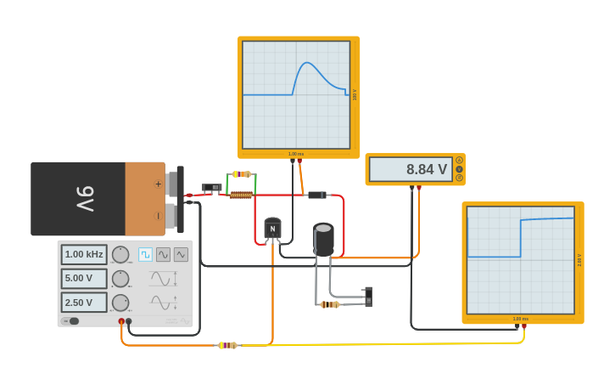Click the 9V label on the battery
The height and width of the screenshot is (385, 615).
[85, 199]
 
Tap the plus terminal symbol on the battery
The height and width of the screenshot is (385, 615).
[158, 184]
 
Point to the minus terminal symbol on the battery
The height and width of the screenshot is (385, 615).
[158, 216]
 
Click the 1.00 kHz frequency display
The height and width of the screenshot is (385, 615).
[84, 254]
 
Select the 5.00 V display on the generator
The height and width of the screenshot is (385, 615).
[84, 279]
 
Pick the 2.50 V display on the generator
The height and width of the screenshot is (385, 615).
[84, 303]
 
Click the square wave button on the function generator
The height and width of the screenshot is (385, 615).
[145, 254]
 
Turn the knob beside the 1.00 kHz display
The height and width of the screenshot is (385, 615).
[120, 254]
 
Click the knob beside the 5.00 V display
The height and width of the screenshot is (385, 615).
[120, 279]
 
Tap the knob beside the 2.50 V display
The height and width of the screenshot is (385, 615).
[120, 303]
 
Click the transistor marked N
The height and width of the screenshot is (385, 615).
[272, 229]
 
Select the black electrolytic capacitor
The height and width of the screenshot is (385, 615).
[323, 239]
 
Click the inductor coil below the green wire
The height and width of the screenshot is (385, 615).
[241, 195]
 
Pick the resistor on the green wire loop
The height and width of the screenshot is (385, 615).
[242, 174]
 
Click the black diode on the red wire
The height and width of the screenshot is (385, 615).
[316, 195]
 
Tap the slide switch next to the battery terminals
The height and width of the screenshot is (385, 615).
[211, 188]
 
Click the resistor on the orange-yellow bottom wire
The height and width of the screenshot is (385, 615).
[227, 345]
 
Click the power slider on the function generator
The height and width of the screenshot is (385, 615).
[70, 321]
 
